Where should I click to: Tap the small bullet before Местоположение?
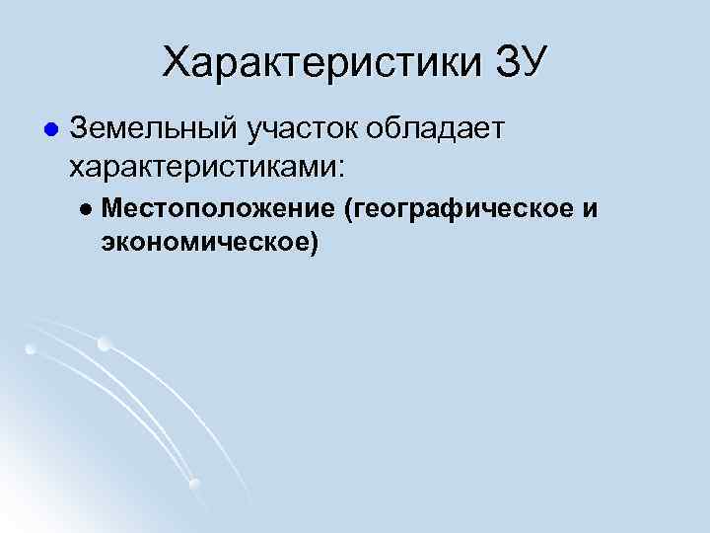pos(86,209)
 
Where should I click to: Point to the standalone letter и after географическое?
pos(591,209)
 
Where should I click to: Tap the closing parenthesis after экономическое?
pos(314,242)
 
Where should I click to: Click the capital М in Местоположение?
pos(109,209)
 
